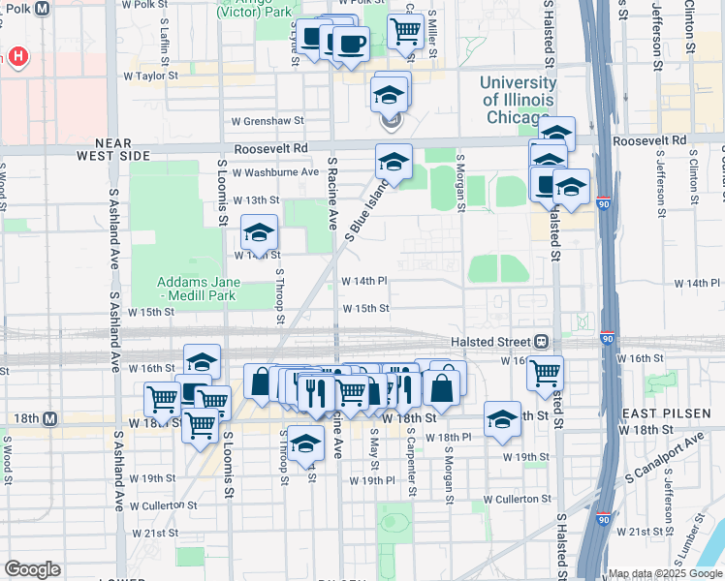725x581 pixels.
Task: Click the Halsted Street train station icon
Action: pos(541,342)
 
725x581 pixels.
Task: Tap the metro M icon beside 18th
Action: pos(49,419)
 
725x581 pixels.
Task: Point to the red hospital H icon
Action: pos(16,58)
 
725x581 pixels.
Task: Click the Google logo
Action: pos(32,569)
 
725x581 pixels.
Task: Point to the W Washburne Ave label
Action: pos(274,172)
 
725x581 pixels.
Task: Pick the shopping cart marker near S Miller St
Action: pos(405,30)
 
